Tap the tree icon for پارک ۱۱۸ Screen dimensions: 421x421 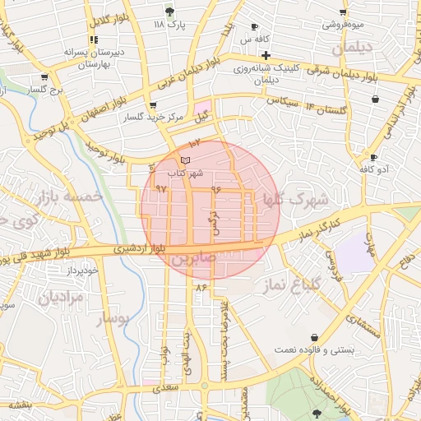pyautogui.click(x=170, y=12)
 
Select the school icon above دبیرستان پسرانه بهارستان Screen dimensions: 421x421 pyautogui.click(x=95, y=39)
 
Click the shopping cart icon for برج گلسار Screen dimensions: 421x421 pyautogui.click(x=43, y=78)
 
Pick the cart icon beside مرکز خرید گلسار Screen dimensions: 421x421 pyautogui.click(x=153, y=105)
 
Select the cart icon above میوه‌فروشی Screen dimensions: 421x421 pyautogui.click(x=343, y=12)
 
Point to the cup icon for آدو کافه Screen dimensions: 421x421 pyautogui.click(x=373, y=156)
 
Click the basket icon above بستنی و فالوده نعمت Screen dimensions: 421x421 pyautogui.click(x=316, y=337)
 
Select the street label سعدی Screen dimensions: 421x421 pyautogui.click(x=168, y=386)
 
